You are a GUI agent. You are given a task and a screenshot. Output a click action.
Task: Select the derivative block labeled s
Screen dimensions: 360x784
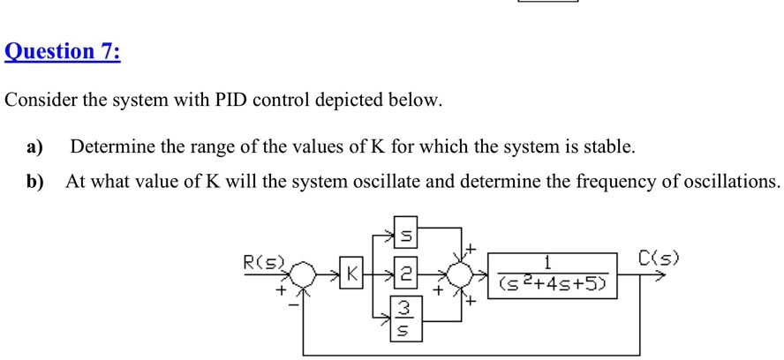pos(408,236)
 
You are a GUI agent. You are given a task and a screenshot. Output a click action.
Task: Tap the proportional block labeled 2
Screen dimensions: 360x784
pos(408,276)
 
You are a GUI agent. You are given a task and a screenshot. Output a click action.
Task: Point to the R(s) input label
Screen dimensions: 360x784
pos(262,260)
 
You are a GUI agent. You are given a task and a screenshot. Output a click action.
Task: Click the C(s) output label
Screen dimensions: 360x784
pos(659,259)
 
